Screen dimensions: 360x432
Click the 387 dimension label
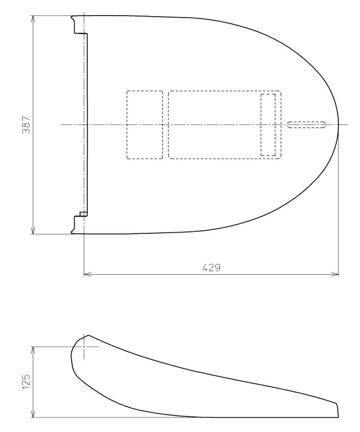coord(26,125)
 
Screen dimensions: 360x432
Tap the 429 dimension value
coord(211,268)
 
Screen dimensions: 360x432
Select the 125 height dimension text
coord(26,382)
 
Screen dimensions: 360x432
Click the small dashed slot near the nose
coord(307,125)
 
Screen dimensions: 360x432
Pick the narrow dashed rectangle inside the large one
coord(268,125)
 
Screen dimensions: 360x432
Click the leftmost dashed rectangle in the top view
coord(145,125)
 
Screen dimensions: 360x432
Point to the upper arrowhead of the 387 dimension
coord(33,19)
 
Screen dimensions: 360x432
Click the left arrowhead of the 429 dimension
coord(87,274)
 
